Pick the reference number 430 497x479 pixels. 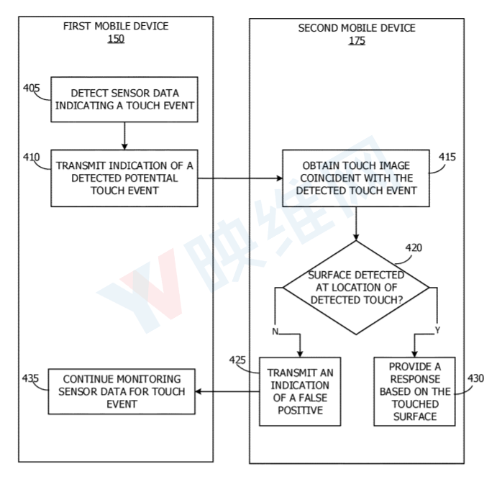475,378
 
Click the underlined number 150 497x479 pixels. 115,39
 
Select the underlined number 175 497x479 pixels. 356,41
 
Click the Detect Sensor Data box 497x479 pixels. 124,101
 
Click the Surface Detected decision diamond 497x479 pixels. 356,288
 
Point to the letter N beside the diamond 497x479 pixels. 275,332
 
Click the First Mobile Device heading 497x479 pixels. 115,27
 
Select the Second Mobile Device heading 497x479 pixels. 356,28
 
